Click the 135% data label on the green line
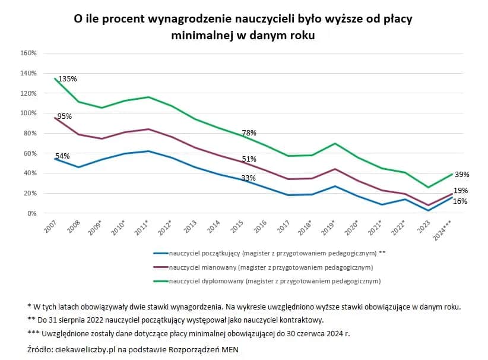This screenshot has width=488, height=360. tap(67, 78)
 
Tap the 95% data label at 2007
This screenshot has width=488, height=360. tap(64, 116)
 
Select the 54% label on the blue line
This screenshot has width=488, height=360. tap(62, 156)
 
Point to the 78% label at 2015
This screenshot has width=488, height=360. tap(249, 133)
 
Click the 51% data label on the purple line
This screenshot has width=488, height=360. tap(249, 159)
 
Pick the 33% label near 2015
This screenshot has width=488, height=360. tap(248, 178)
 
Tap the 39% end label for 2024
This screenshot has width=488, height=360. tap(462, 175)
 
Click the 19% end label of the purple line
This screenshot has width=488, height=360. tap(461, 191)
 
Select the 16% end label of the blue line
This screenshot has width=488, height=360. tap(460, 201)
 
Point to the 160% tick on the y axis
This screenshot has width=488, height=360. tap(28, 53)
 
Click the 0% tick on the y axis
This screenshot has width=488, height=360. tap(32, 213)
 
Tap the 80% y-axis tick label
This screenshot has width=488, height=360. tap(30, 133)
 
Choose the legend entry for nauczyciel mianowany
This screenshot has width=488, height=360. tap(271, 267)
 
